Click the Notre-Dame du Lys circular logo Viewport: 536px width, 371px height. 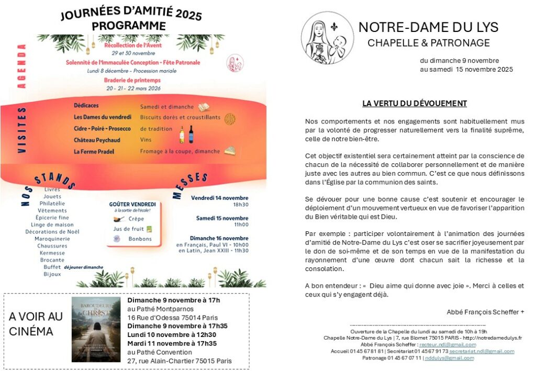[327, 38]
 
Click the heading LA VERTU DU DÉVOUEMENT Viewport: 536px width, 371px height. [415, 104]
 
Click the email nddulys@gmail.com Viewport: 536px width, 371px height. [449, 358]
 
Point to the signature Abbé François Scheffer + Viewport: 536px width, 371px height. [485, 312]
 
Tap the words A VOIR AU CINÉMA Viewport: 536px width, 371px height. [36, 324]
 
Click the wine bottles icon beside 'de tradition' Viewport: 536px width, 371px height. [186, 134]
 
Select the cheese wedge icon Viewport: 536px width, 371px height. [230, 151]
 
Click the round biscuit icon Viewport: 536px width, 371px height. [230, 118]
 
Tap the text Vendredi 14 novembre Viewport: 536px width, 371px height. [219, 198]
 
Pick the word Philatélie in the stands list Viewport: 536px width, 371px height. [52, 204]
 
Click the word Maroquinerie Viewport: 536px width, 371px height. [52, 239]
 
